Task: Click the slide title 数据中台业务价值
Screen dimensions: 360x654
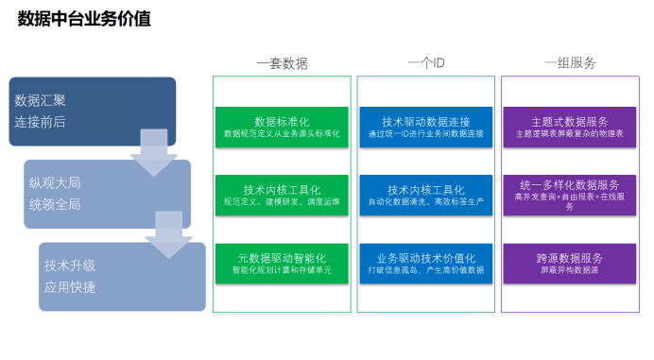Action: (x=84, y=19)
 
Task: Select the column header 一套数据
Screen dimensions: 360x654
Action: (x=282, y=63)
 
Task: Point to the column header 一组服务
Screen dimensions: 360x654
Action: (x=570, y=63)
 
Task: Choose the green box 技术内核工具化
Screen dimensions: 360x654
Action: (x=282, y=195)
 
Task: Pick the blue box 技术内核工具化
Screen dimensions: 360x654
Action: (x=425, y=195)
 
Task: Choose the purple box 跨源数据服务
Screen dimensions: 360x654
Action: (x=570, y=263)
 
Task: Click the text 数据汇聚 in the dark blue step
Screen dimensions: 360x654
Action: (x=41, y=100)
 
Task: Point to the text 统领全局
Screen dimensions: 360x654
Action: (x=55, y=204)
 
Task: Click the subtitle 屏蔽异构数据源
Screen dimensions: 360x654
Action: (x=570, y=270)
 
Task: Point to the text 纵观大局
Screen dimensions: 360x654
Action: (x=55, y=182)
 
